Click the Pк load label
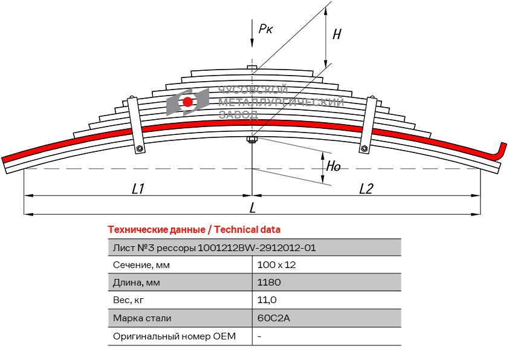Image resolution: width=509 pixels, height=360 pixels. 265,28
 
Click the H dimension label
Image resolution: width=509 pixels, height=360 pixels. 337,34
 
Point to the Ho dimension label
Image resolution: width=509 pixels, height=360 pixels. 334,166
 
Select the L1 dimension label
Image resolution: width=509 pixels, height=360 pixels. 138,189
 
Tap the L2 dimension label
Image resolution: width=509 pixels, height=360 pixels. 366,189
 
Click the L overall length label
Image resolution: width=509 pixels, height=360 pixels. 253,208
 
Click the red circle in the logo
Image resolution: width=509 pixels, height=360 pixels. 188,102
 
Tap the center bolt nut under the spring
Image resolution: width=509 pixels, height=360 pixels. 252,141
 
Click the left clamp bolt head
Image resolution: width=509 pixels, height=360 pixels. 140,149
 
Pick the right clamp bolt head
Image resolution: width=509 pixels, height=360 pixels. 365,149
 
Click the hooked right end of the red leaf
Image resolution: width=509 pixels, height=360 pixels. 501,151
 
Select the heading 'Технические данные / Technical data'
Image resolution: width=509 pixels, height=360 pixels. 193,230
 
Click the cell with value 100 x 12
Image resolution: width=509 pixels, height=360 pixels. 276,265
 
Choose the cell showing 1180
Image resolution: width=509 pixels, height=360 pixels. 269,283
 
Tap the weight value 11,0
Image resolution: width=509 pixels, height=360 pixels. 267,300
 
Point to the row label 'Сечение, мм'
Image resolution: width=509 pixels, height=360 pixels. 141,265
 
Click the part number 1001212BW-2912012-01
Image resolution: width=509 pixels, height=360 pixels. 257,247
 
